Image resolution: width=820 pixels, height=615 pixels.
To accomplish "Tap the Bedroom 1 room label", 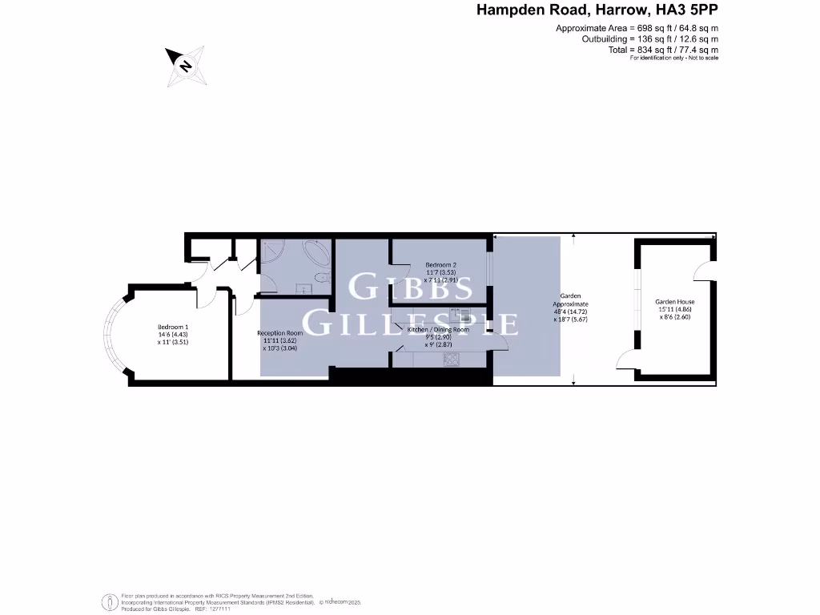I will (x=173, y=328).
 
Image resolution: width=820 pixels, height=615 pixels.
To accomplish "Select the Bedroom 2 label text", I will (x=440, y=265).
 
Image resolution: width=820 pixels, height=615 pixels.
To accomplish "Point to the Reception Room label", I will (x=280, y=333).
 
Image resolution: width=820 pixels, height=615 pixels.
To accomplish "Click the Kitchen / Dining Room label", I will (x=438, y=330).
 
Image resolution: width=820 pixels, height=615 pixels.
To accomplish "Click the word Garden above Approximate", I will (x=570, y=296).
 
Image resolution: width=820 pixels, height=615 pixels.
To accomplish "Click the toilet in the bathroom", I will (x=322, y=278).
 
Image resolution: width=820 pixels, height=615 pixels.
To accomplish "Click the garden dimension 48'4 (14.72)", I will (x=570, y=312).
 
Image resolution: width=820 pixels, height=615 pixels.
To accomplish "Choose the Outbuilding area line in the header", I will (x=649, y=38).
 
